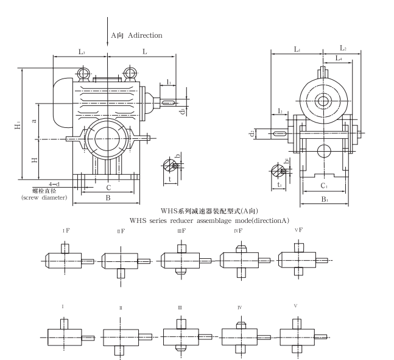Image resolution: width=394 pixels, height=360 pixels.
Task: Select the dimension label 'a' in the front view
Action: click(x=34, y=121)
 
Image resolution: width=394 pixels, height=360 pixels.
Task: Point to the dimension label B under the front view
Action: click(x=108, y=198)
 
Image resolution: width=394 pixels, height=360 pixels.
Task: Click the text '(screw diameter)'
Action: click(x=44, y=197)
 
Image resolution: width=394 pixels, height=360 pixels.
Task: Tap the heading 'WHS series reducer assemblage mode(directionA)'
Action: click(x=209, y=220)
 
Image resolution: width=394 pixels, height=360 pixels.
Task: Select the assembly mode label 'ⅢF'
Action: click(x=180, y=231)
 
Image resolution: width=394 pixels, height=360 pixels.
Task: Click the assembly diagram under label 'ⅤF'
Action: click(x=298, y=260)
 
